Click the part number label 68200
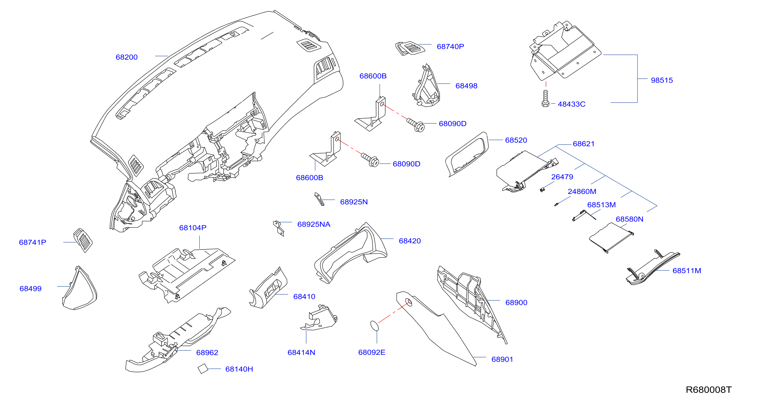(x=126, y=57)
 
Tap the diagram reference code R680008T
(x=708, y=390)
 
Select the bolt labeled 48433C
(x=545, y=99)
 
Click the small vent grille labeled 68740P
(x=410, y=48)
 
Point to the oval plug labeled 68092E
(x=375, y=326)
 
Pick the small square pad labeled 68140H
(x=203, y=369)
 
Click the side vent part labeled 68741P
(x=83, y=240)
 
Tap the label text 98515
(x=662, y=80)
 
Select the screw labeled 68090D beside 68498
(x=416, y=125)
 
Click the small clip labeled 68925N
(x=319, y=199)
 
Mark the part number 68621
(x=584, y=144)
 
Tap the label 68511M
(x=687, y=270)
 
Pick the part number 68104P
(x=193, y=228)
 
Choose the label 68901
(x=502, y=359)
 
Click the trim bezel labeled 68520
(x=467, y=154)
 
